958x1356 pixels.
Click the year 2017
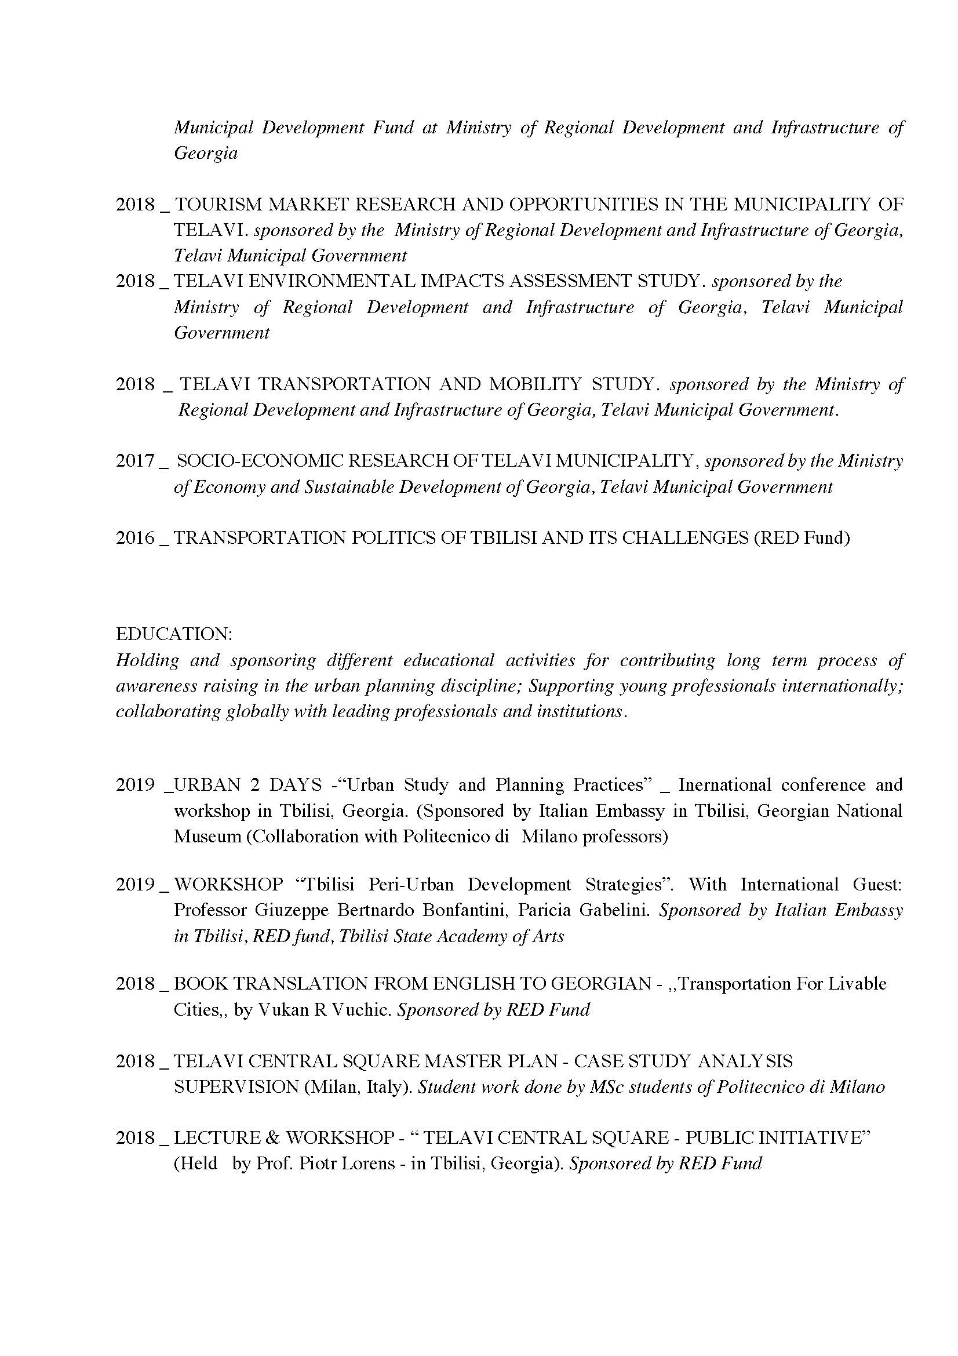(x=135, y=461)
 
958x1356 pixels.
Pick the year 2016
(x=135, y=537)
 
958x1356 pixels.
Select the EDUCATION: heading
(x=174, y=634)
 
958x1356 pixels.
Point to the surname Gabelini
(x=614, y=910)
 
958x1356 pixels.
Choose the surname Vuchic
(x=361, y=1010)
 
